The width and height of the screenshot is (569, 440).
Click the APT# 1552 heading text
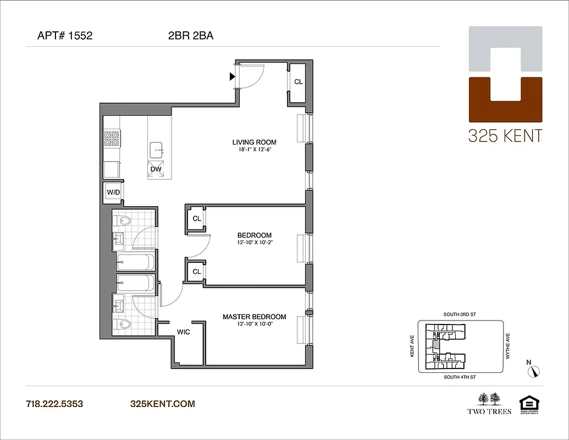[x=64, y=36]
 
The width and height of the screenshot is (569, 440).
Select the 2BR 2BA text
[x=190, y=36]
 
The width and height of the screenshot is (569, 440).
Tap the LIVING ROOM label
[x=254, y=142]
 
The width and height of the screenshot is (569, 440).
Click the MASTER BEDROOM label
[x=254, y=317]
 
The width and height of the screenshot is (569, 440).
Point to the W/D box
[x=113, y=192]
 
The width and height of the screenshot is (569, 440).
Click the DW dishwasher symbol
[x=156, y=169]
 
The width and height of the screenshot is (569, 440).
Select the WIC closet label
[x=183, y=332]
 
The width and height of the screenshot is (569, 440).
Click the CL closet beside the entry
[x=298, y=82]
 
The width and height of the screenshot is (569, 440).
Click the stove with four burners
[x=112, y=138]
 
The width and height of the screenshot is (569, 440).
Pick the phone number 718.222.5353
[x=54, y=404]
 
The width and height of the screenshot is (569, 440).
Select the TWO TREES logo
[x=489, y=403]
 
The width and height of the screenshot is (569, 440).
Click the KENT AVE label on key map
[x=412, y=347]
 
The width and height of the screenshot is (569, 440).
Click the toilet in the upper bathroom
[x=124, y=221]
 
